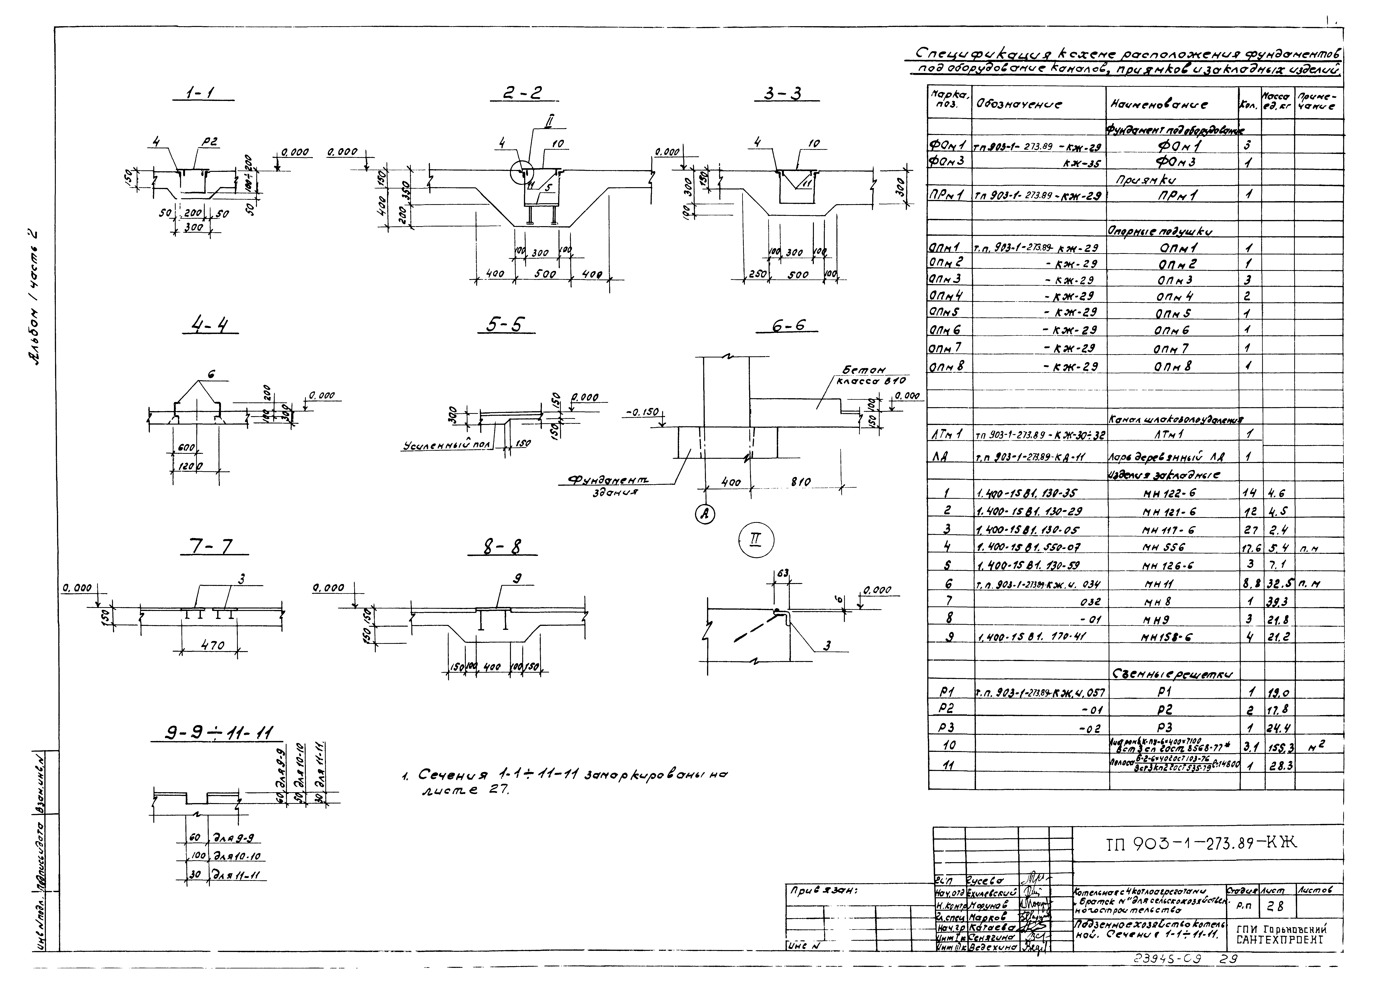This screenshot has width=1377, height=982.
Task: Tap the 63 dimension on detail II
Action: point(782,573)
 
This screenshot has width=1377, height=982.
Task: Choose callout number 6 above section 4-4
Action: point(211,374)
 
